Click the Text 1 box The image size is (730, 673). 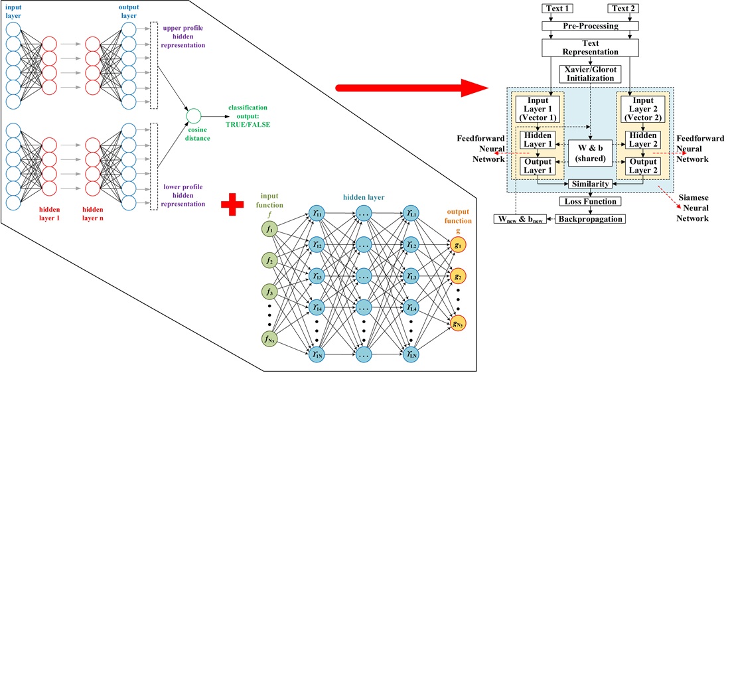click(x=557, y=9)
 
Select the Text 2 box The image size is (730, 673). click(x=623, y=9)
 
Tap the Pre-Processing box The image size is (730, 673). click(x=590, y=26)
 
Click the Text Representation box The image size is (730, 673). click(x=590, y=48)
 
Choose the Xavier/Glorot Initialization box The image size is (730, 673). click(x=590, y=74)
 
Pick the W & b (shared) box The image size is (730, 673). click(x=590, y=153)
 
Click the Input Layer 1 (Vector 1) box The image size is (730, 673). click(x=538, y=109)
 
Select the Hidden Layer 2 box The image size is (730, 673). click(x=642, y=140)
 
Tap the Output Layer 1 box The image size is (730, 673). click(x=538, y=166)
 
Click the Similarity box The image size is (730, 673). click(x=590, y=184)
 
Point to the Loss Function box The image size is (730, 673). click(x=590, y=201)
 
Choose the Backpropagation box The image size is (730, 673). click(x=590, y=218)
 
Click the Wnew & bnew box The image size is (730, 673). click(x=520, y=219)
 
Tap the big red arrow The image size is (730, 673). click(x=411, y=87)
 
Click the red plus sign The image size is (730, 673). click(x=232, y=204)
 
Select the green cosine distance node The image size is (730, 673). click(x=194, y=115)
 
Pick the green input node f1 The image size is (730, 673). click(x=269, y=229)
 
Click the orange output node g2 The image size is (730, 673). click(x=457, y=275)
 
